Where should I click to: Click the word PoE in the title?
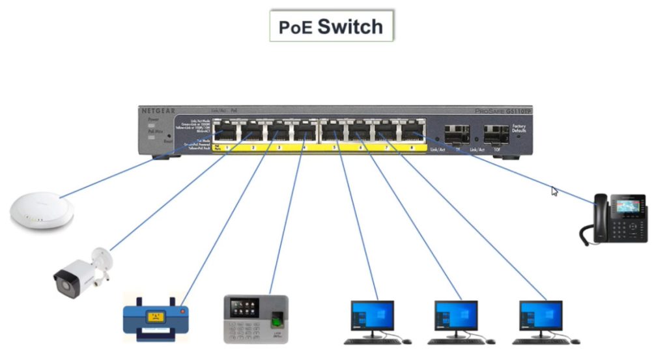tap(296, 27)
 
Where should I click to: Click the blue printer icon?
tap(156, 318)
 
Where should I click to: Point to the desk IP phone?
tap(614, 219)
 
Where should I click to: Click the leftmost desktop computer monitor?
tap(373, 316)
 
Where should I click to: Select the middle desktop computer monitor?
tap(457, 316)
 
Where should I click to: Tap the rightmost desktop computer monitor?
tap(541, 316)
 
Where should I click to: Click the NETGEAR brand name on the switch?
tap(159, 111)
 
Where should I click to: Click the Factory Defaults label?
tap(519, 128)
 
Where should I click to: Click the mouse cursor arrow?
tap(554, 191)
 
